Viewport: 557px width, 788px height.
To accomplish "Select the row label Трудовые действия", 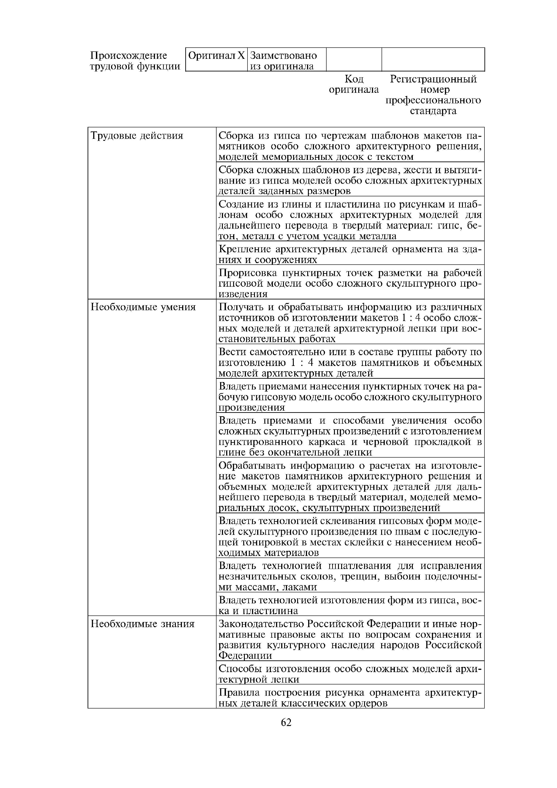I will (x=137, y=136).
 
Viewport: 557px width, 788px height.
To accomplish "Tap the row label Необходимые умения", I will (x=143, y=307).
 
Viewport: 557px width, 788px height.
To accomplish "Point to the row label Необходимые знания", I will (x=142, y=624).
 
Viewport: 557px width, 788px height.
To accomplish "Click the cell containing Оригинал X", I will (x=217, y=56).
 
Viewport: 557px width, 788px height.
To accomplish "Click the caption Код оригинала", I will (x=354, y=84).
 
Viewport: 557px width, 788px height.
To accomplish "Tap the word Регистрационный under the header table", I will (x=433, y=79).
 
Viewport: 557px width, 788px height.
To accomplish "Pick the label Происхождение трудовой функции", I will (x=135, y=60).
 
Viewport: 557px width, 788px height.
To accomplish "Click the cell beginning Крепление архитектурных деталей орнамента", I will (x=350, y=254).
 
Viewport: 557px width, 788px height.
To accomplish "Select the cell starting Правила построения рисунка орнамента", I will (x=350, y=698).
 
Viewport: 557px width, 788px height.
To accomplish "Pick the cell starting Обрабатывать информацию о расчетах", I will (x=350, y=487).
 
